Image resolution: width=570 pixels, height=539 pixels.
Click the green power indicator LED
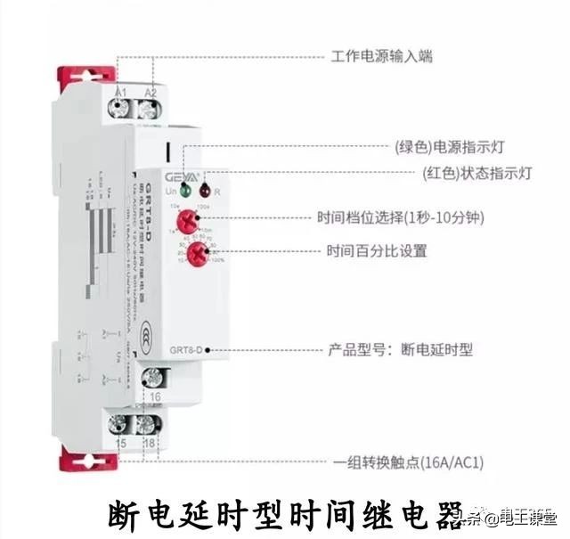[183, 189]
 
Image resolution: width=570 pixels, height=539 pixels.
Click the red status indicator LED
[204, 190]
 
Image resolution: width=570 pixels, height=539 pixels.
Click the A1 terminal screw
[121, 110]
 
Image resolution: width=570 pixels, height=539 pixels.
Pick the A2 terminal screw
[148, 110]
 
